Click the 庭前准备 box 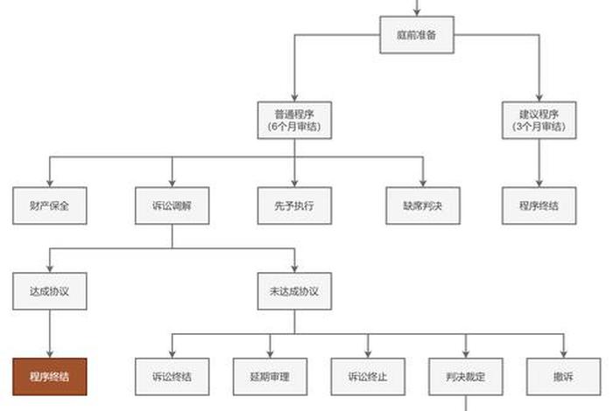[417, 36]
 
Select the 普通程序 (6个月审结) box [294, 120]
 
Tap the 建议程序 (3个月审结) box [539, 120]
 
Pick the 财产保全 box [49, 205]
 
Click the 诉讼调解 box [172, 205]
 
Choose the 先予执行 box [294, 205]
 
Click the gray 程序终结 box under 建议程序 [539, 205]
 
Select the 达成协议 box [49, 291]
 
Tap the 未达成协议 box [294, 291]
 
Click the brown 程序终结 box [49, 377]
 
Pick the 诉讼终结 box [172, 377]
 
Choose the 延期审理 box [270, 377]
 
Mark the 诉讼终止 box [368, 377]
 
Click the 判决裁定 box [465, 377]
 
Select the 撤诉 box [563, 377]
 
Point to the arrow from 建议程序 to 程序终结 [539, 163]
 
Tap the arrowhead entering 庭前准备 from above [417, 12]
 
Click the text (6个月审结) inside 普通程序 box [294, 127]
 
